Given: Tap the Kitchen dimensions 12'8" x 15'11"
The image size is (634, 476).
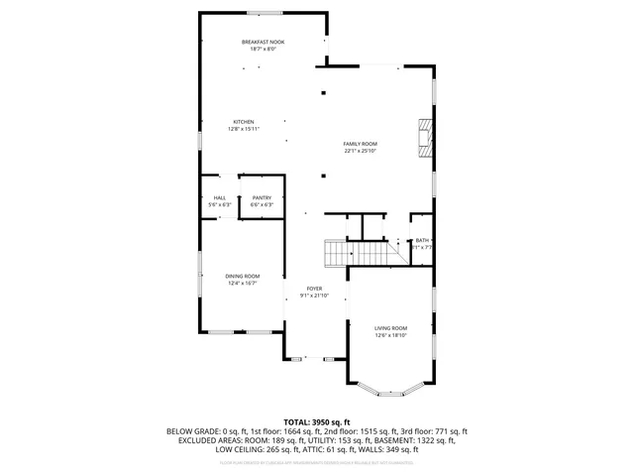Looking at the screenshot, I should (x=244, y=128).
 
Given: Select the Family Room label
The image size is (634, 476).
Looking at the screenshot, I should (x=361, y=144).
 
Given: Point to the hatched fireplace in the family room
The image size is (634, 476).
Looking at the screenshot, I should (x=425, y=139).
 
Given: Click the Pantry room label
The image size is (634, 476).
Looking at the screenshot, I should (x=262, y=198).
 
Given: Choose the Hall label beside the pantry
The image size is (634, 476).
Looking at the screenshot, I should (x=220, y=198).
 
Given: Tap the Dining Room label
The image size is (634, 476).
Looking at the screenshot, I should (x=244, y=276).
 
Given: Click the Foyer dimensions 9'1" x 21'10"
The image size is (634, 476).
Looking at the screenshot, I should (x=314, y=295).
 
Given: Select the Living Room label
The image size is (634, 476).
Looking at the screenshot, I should (x=390, y=327).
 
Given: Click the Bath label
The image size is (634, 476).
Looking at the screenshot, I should (x=423, y=241).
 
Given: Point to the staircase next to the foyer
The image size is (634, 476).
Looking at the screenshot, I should (x=339, y=255).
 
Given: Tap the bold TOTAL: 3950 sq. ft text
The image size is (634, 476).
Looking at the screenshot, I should (x=317, y=422).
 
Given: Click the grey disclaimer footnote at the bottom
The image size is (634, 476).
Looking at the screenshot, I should (x=317, y=462).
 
